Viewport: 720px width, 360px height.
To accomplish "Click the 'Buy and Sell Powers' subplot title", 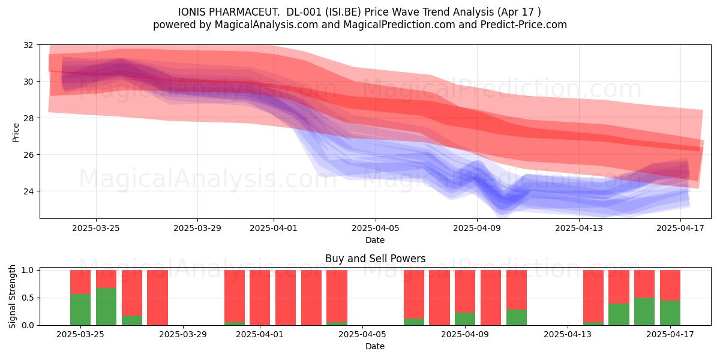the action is (375, 259).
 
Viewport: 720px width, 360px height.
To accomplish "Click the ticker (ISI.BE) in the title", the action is (343, 12).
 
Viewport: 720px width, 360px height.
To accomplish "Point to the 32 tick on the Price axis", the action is (28, 45).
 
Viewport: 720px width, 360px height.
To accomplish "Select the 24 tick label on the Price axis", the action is (28, 191).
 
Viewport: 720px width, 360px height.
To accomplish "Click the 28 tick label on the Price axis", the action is (28, 118).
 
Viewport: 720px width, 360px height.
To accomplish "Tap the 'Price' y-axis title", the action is (16, 133).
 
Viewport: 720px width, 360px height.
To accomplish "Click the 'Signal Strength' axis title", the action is (12, 296).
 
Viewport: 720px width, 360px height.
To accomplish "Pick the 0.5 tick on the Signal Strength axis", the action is (28, 298).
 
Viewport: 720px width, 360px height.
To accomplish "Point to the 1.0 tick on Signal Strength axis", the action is (28, 270).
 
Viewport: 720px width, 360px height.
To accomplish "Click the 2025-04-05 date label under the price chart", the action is (376, 228).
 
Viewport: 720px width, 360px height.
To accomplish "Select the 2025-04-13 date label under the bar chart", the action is (568, 334).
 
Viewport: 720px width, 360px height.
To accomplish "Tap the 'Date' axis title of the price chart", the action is (375, 240).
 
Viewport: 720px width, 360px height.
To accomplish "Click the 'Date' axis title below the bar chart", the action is (375, 346).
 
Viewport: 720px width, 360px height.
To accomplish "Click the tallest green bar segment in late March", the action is (106, 307).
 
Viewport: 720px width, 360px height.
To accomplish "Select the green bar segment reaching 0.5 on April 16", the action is (644, 311).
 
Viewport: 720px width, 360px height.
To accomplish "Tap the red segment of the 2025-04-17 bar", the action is (670, 286).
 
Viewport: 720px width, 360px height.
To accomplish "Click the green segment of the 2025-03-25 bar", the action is (80, 310).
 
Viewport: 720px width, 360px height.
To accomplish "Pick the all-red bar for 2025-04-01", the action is (260, 298).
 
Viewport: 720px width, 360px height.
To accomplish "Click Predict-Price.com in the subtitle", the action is (524, 25).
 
